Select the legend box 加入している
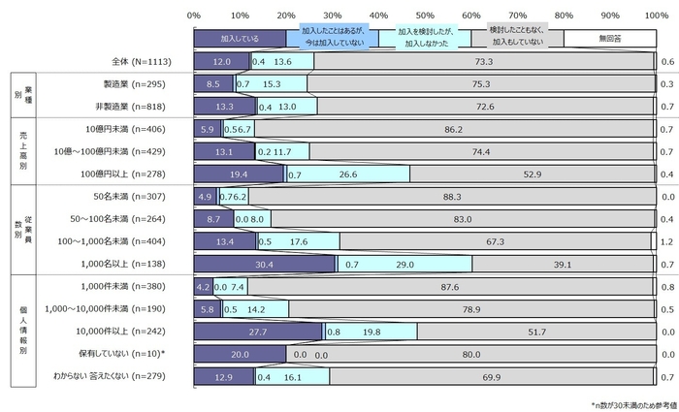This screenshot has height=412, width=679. [239, 40]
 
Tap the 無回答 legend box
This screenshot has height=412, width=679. [608, 40]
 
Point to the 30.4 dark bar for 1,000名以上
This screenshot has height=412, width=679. [264, 264]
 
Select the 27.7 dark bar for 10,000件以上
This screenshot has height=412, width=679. [258, 331]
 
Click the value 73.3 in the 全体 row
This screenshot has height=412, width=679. [484, 62]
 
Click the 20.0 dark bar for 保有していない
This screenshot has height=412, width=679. [240, 354]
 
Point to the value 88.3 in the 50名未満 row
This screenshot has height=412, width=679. [450, 196]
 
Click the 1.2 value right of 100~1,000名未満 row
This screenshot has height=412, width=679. [667, 241]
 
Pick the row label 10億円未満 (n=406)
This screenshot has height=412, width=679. [127, 129]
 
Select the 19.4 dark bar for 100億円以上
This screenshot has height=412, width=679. [239, 174]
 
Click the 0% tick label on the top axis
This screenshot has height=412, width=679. [193, 15]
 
